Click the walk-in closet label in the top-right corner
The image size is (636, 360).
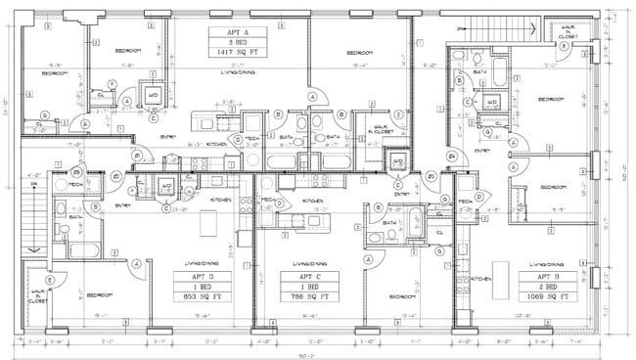(565, 32)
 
